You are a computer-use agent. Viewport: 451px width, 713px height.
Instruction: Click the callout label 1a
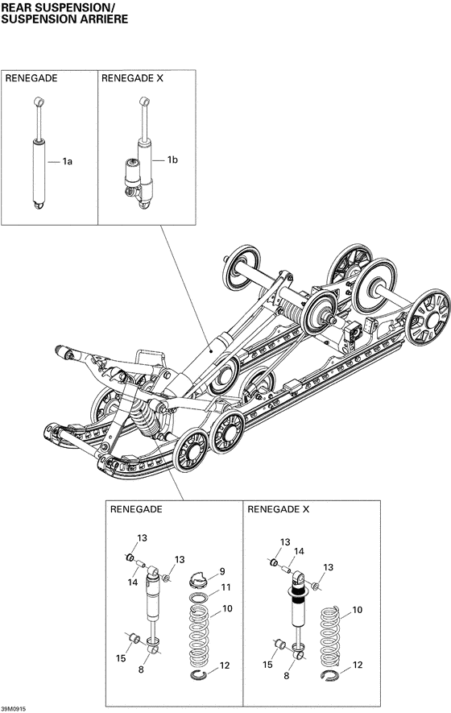click(68, 162)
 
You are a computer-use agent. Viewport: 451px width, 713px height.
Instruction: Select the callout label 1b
click(172, 161)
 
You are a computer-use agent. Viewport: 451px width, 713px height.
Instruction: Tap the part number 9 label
click(222, 571)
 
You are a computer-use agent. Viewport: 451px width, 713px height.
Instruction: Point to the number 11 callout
click(226, 587)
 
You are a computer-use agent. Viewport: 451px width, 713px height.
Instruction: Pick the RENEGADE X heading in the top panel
click(132, 79)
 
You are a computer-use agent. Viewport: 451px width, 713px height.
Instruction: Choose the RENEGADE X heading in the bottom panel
click(278, 509)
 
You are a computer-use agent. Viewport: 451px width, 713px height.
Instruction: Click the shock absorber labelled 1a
click(38, 165)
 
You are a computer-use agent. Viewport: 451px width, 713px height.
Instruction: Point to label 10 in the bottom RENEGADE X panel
click(358, 610)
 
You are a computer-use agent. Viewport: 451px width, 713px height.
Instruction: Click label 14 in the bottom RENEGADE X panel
click(298, 552)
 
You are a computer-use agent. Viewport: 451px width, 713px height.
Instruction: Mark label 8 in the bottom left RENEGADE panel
click(142, 669)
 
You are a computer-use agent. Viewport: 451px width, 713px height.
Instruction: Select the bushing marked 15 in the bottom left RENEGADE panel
click(137, 640)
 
